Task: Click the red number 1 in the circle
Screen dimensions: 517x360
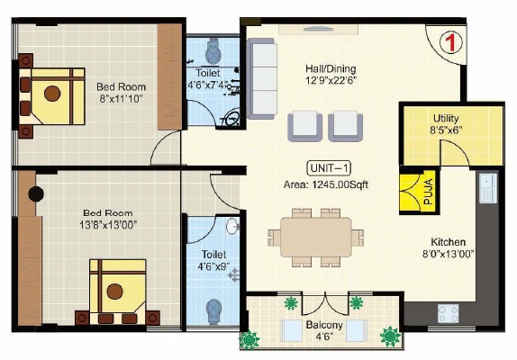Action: click(x=451, y=42)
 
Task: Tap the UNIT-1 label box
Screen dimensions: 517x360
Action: click(x=329, y=168)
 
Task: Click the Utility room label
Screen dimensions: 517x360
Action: click(x=446, y=118)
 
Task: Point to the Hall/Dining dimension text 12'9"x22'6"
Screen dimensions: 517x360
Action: click(x=331, y=80)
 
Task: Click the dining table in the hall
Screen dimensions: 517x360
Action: click(x=316, y=237)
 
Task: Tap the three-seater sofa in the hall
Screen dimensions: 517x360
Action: click(x=261, y=78)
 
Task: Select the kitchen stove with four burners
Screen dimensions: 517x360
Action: click(x=448, y=313)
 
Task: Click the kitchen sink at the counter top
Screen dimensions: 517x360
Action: click(x=488, y=188)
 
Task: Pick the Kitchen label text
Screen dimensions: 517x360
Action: click(x=448, y=242)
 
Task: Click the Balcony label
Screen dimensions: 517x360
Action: click(x=324, y=325)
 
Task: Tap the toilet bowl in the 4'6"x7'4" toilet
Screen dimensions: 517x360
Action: click(x=213, y=51)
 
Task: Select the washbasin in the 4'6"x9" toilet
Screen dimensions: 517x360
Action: click(x=232, y=226)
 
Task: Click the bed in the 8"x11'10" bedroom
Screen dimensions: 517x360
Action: click(x=51, y=96)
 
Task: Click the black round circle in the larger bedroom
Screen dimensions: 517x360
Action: click(x=36, y=194)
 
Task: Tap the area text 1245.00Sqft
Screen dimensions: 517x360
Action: click(x=340, y=184)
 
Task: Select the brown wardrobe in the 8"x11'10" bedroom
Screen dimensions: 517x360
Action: click(x=169, y=76)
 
